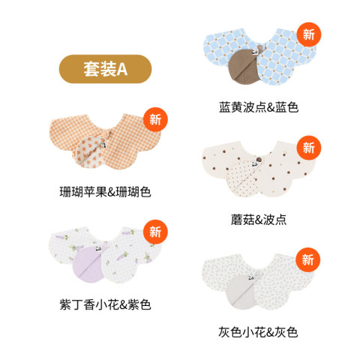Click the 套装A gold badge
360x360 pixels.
click(x=105, y=69)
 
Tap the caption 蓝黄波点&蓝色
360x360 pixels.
click(x=259, y=107)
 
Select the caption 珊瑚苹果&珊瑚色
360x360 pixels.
click(x=105, y=192)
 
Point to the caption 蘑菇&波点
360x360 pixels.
click(x=259, y=220)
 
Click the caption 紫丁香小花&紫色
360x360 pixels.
click(x=105, y=304)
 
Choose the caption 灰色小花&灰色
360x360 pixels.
click(x=258, y=332)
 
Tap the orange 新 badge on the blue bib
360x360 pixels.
click(x=309, y=34)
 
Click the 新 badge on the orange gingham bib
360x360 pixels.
click(x=155, y=119)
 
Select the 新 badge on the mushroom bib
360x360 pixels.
click(x=309, y=148)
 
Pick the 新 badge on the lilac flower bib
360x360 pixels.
click(x=155, y=232)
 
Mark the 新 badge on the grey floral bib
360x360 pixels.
click(x=307, y=259)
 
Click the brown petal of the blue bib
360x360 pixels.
click(x=242, y=66)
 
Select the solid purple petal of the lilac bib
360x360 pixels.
click(x=88, y=264)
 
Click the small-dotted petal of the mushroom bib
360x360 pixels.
click(x=242, y=178)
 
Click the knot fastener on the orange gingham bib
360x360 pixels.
click(x=106, y=134)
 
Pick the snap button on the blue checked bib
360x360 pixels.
click(x=260, y=46)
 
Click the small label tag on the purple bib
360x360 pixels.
click(x=98, y=250)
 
